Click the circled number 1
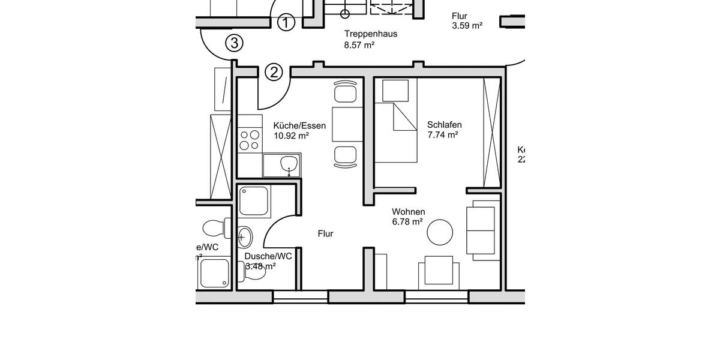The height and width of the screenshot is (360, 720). pos(287,23)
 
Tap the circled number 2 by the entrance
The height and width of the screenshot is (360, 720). pos(274,72)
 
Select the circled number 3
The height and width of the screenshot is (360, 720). pos(234,43)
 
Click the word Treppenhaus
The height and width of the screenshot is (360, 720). pos(370,34)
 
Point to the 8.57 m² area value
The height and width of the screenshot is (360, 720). pos(359,45)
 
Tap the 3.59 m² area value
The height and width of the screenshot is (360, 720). pos(467,25)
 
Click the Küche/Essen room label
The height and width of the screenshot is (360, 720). pos(299,125)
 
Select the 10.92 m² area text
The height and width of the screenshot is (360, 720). pos(291,136)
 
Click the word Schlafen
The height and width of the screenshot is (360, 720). pos(444,125)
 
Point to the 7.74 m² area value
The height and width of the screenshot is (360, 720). pos(442,135)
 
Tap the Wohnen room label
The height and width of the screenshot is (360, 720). pos(408,212)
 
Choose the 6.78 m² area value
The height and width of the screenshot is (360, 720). pos(407,222)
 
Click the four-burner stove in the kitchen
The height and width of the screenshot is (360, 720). pos(250,140)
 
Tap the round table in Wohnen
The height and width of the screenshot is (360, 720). pos(440,232)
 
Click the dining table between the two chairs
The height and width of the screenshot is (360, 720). pos(347,125)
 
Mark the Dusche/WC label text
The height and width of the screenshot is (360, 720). pos(268,256)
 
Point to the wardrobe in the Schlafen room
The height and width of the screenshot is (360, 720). pos(491,132)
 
